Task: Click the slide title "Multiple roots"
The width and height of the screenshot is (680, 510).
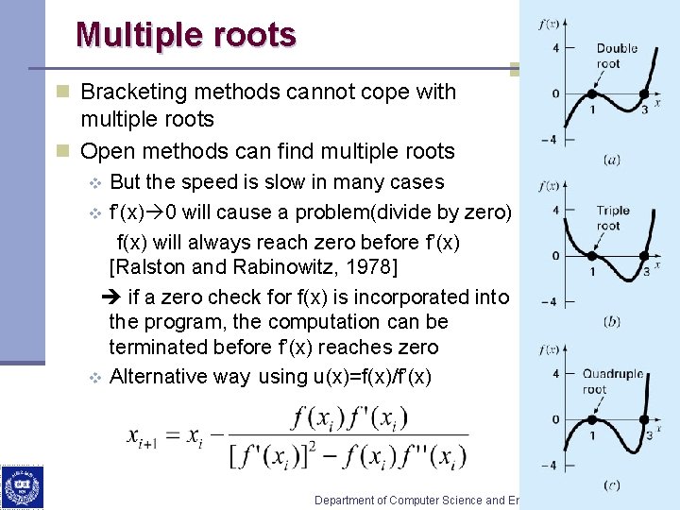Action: (186, 35)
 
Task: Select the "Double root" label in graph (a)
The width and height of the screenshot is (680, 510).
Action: (616, 56)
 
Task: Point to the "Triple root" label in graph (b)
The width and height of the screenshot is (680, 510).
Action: (612, 218)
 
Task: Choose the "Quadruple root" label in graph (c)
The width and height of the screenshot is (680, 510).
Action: (612, 381)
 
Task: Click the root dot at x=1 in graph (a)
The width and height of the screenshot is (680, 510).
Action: (591, 93)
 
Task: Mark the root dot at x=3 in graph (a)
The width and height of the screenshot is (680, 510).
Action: (644, 93)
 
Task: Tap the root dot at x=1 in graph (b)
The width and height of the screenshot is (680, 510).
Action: (591, 256)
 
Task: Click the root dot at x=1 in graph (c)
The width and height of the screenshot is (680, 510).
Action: (591, 419)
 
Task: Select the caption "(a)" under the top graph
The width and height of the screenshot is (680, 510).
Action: (612, 160)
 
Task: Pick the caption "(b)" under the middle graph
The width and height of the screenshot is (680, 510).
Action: (612, 322)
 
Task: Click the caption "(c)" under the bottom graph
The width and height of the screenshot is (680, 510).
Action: (612, 485)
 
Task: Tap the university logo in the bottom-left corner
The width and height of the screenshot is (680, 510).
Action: (21, 487)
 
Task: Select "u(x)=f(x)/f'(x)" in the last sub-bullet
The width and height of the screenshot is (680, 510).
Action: (372, 377)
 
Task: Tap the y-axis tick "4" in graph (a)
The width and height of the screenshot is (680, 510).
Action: (555, 47)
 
